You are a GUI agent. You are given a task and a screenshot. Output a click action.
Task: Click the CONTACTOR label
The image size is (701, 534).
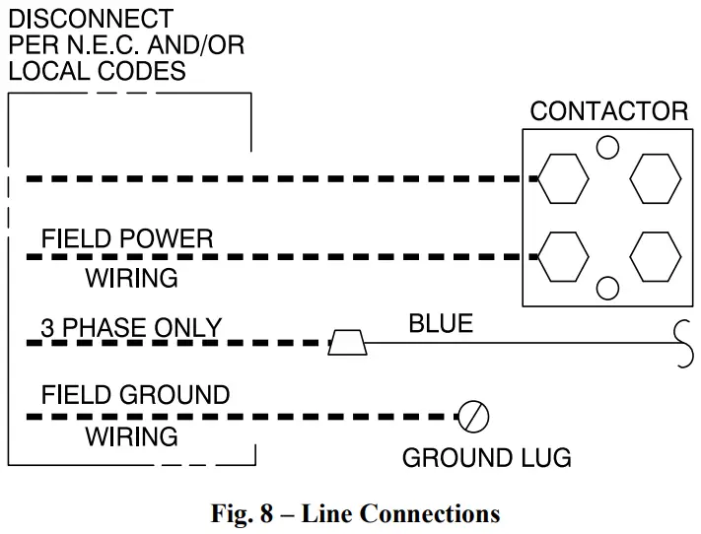[608, 110]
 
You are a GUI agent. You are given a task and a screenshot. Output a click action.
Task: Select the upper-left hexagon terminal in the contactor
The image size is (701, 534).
[564, 179]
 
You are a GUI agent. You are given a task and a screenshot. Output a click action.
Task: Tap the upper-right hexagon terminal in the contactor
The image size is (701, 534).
[656, 179]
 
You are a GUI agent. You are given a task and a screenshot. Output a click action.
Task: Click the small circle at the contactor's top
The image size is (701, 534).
[608, 148]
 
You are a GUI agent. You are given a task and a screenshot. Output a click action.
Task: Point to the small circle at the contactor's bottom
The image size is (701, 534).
[608, 288]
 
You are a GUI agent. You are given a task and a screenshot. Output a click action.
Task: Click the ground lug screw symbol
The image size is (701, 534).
[475, 418]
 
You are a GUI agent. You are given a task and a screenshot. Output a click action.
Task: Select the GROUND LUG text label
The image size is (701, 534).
[486, 458]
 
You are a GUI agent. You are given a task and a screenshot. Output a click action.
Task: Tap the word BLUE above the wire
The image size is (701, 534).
[441, 323]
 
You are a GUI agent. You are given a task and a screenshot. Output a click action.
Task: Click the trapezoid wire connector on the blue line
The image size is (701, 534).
[348, 343]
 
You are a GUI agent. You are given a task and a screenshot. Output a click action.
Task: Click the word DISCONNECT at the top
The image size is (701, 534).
[91, 19]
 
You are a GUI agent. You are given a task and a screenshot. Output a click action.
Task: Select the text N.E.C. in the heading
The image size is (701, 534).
[111, 45]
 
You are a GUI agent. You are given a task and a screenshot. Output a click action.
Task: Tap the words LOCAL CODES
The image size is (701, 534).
[97, 71]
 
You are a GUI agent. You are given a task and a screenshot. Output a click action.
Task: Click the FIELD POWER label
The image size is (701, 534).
[126, 238]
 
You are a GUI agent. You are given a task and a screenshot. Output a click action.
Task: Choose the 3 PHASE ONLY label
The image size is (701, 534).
[131, 327]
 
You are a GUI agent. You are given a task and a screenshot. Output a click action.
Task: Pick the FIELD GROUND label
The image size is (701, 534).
[135, 396]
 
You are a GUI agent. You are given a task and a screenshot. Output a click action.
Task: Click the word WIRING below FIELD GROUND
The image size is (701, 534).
[131, 436]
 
